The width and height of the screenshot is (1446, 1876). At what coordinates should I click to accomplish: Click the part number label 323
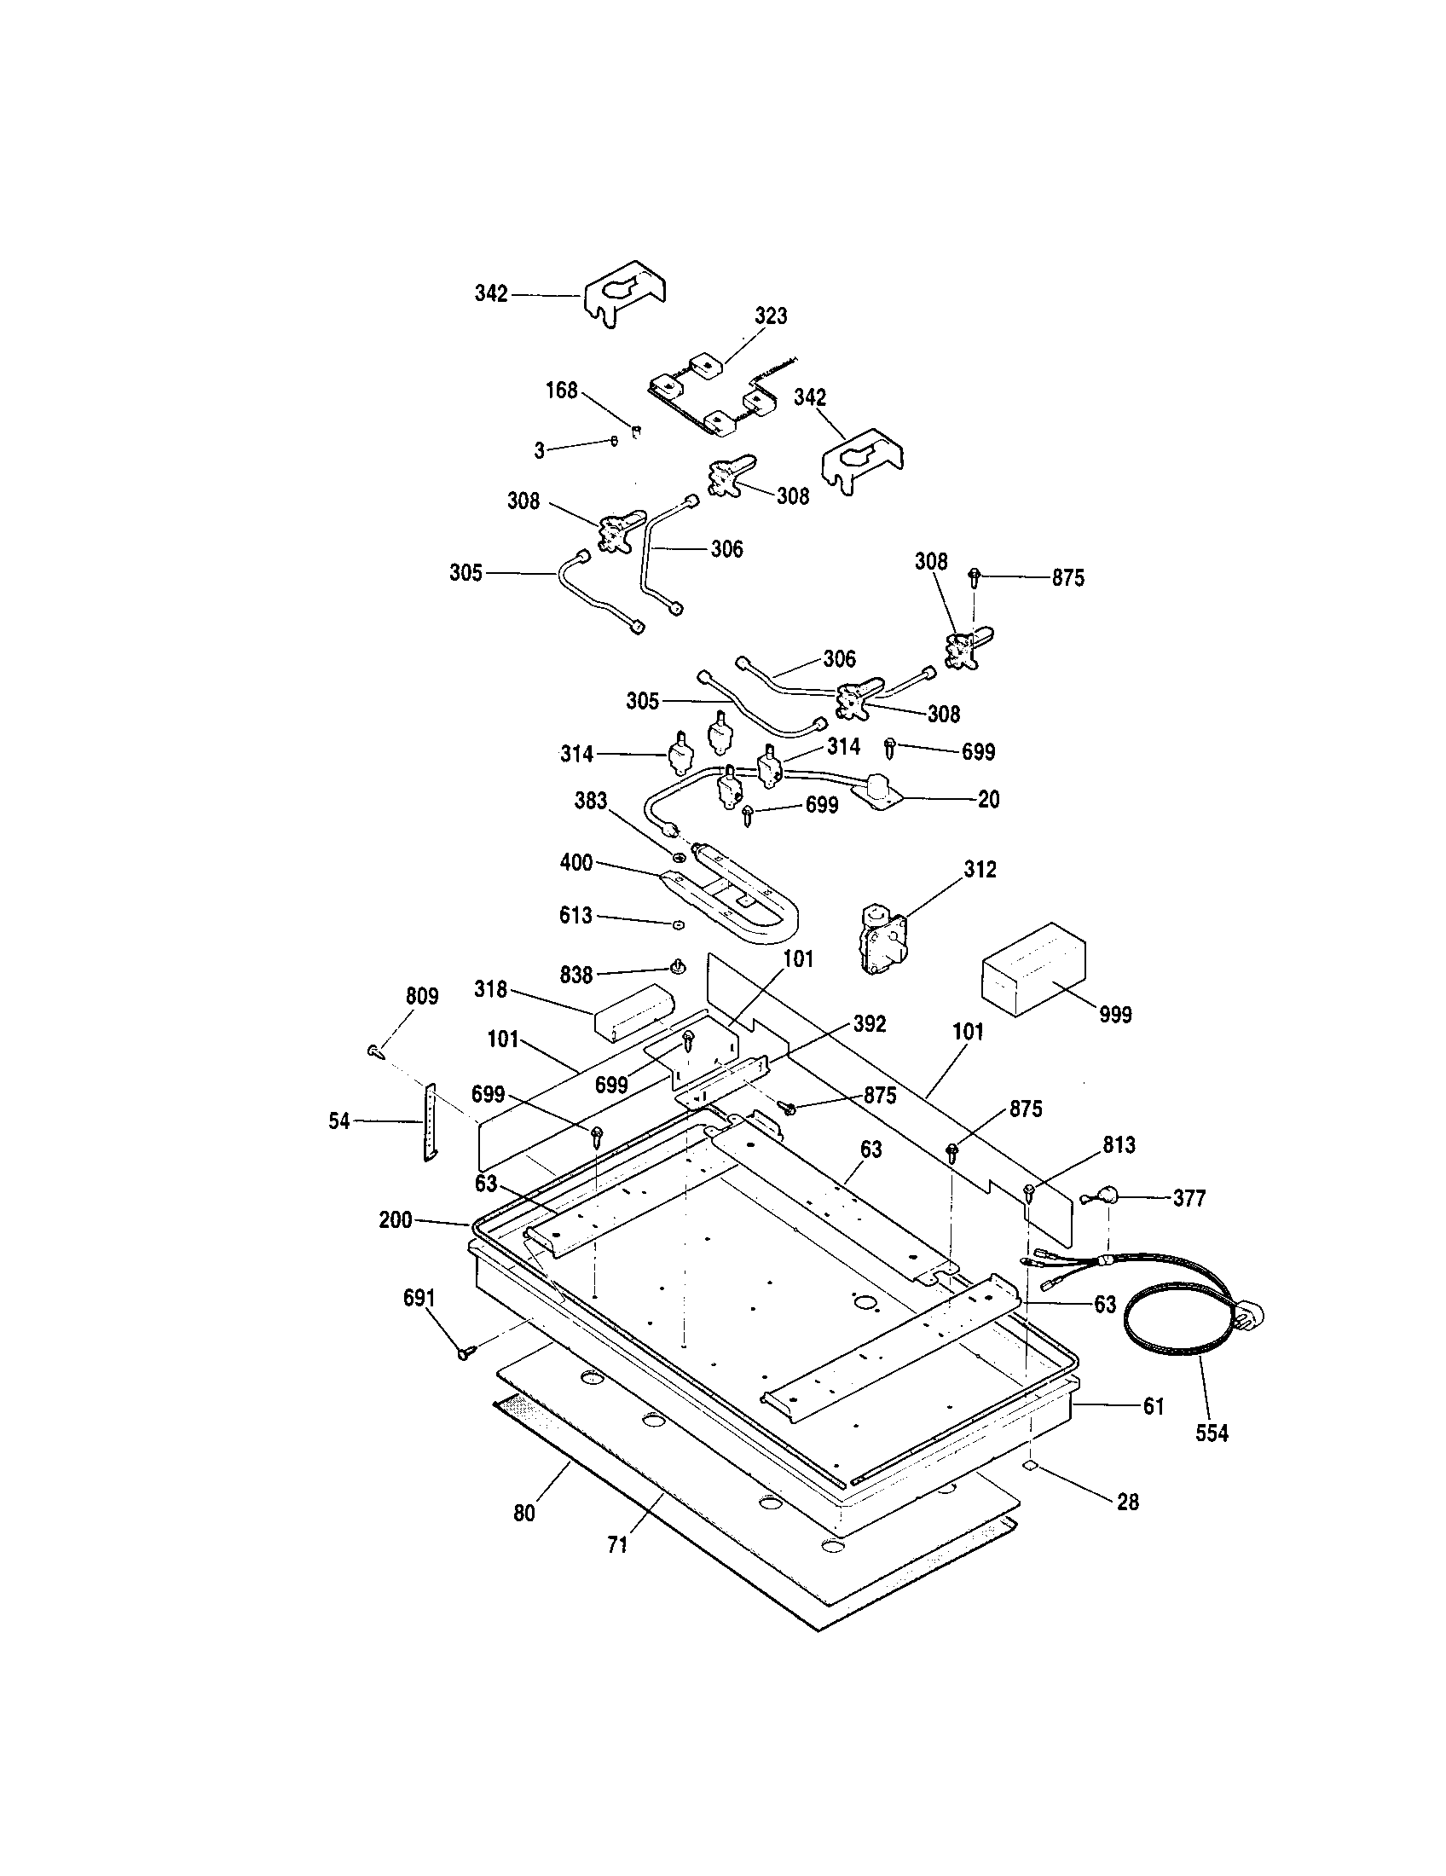[x=770, y=316]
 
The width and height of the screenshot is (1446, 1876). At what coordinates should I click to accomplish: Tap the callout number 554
[x=1211, y=1433]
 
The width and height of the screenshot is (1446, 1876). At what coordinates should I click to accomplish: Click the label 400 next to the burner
[x=576, y=861]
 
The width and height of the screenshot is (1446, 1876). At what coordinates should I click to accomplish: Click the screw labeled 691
[x=466, y=1352]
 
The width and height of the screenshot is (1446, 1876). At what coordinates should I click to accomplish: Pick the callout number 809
[x=421, y=996]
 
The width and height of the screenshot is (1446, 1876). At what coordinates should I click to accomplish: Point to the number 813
[x=1119, y=1145]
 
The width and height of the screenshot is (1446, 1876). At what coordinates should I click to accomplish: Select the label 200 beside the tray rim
[x=396, y=1219]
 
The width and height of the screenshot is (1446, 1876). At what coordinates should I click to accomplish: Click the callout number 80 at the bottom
[x=523, y=1514]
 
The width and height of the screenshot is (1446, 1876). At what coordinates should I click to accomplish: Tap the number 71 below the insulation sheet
[x=617, y=1545]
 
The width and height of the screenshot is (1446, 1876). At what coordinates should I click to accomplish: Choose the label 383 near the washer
[x=591, y=801]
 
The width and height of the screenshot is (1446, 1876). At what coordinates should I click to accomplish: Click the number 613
[x=576, y=916]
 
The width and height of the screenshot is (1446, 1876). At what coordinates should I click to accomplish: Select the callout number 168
[x=562, y=391]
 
